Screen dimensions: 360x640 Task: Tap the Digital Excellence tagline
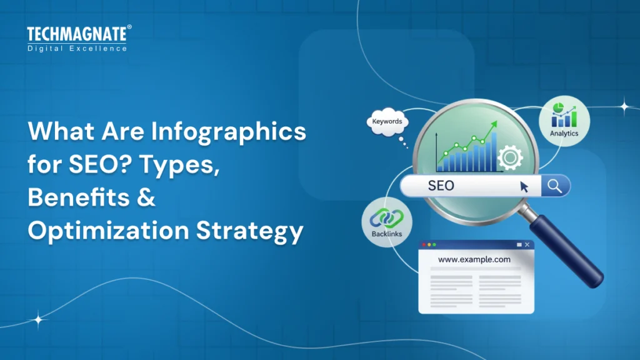point(77,48)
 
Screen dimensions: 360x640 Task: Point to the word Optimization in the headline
point(103,232)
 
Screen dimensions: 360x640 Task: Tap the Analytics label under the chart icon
point(564,133)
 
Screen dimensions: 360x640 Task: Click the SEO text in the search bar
point(441,186)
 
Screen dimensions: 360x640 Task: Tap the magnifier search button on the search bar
point(554,185)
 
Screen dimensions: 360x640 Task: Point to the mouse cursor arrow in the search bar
point(524,186)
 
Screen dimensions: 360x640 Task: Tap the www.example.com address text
point(474,259)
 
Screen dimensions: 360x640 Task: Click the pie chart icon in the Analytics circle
point(559,107)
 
